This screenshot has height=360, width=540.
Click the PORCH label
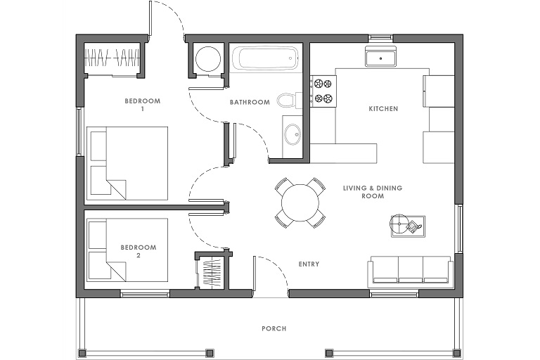click(274, 328)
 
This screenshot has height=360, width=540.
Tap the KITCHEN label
click(383, 109)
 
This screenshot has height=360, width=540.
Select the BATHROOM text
click(250, 103)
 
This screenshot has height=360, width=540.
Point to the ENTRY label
click(309, 264)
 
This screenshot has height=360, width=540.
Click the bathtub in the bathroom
click(264, 58)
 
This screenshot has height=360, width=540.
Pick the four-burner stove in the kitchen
click(323, 91)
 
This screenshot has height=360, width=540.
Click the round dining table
click(300, 203)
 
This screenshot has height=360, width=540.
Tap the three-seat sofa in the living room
click(410, 271)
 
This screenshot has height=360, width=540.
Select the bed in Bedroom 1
click(127, 163)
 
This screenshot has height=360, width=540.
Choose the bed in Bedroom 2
click(127, 250)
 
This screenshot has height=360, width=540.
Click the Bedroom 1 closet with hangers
click(112, 58)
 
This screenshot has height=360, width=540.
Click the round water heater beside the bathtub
click(208, 58)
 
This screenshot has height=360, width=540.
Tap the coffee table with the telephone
click(408, 226)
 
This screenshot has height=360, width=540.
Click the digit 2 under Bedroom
click(139, 256)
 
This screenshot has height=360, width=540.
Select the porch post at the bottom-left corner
click(83, 353)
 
